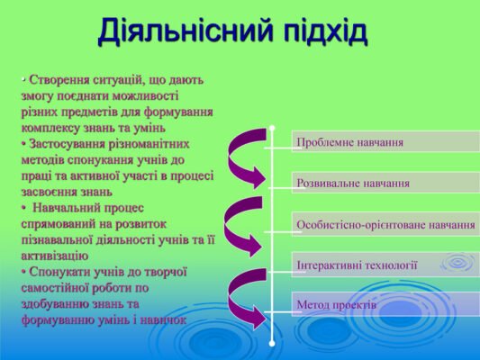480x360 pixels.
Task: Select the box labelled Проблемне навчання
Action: pyautogui.click(x=385, y=142)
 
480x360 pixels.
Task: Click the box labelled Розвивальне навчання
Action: pyautogui.click(x=385, y=183)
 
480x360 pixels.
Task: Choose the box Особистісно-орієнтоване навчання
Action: pyautogui.click(x=385, y=224)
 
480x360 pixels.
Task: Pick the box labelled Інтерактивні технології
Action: pyautogui.click(x=385, y=265)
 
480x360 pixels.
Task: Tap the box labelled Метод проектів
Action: pyautogui.click(x=385, y=305)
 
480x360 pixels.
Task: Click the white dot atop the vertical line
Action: pyautogui.click(x=272, y=129)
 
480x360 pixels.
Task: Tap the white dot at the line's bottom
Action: pyautogui.click(x=272, y=343)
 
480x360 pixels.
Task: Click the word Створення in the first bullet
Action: pyautogui.click(x=59, y=79)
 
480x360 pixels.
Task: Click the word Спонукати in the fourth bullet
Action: pyautogui.click(x=60, y=272)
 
